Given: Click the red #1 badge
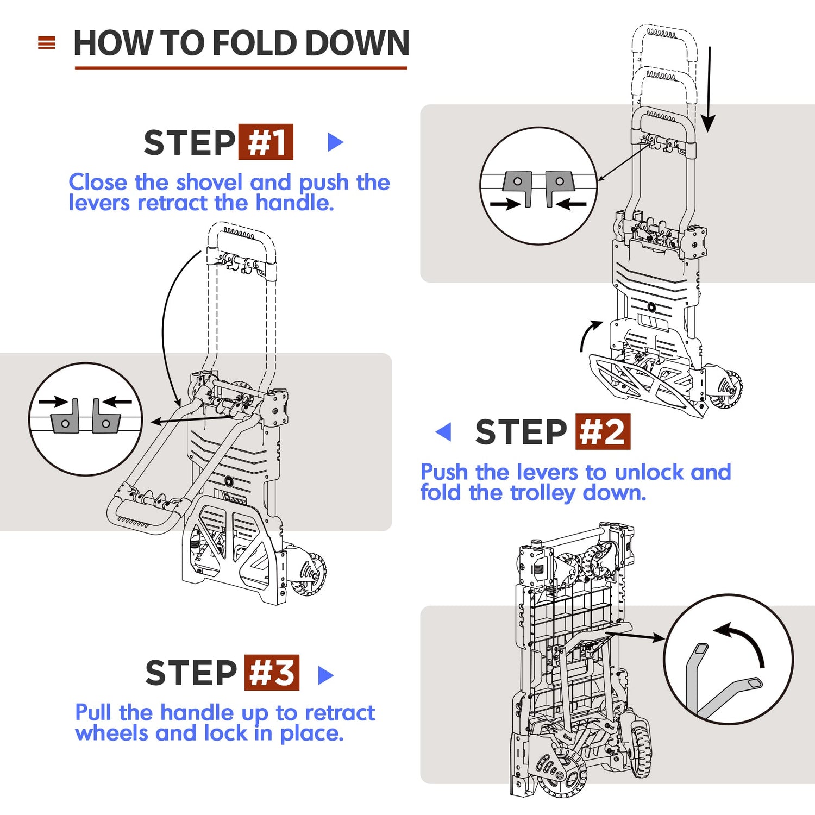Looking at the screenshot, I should [266, 142].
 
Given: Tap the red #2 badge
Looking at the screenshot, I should [603, 432].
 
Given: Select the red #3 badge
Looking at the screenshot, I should [272, 673].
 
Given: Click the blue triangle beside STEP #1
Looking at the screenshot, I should [335, 142].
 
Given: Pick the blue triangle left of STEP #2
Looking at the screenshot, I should [444, 432].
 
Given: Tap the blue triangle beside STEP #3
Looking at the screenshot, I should [325, 675].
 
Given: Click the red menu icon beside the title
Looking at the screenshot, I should [47, 43].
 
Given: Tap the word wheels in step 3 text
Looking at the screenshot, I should [112, 733].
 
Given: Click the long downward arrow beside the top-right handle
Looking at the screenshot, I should [708, 90].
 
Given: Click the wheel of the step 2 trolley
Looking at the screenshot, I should [726, 388].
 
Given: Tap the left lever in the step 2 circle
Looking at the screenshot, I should [518, 187].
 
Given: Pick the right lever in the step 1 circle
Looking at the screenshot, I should [104, 418].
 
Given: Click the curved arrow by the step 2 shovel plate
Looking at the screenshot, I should [588, 334].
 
